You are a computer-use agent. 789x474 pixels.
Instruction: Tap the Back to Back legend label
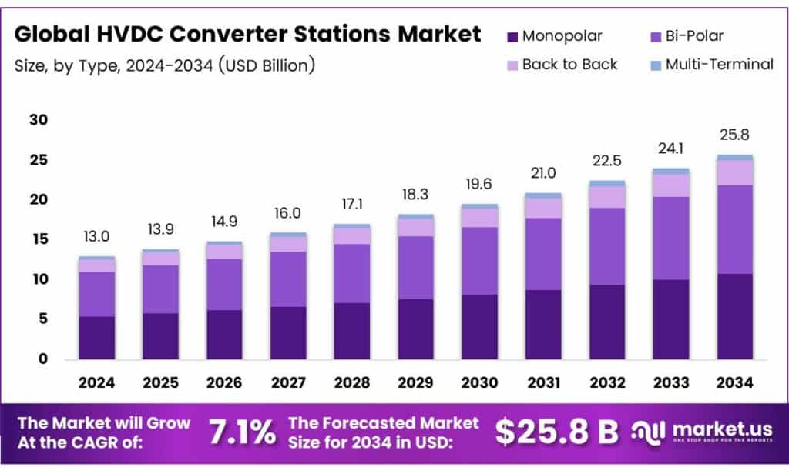569,65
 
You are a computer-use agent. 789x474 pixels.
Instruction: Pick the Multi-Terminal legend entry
719,65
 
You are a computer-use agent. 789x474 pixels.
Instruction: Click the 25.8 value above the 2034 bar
734,135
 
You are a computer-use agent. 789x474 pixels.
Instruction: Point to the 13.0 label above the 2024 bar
96,237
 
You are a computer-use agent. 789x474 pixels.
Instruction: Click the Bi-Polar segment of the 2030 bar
479,261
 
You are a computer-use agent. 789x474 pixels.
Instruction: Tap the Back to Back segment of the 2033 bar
670,185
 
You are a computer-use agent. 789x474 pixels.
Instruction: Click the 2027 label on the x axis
287,382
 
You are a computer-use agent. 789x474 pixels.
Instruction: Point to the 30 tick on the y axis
39,120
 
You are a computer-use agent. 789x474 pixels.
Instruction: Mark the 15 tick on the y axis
39,239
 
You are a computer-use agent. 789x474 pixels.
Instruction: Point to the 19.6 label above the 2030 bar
479,185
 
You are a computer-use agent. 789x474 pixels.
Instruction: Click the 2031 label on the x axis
543,382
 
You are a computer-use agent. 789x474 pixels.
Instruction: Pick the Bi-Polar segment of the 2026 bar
224,284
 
